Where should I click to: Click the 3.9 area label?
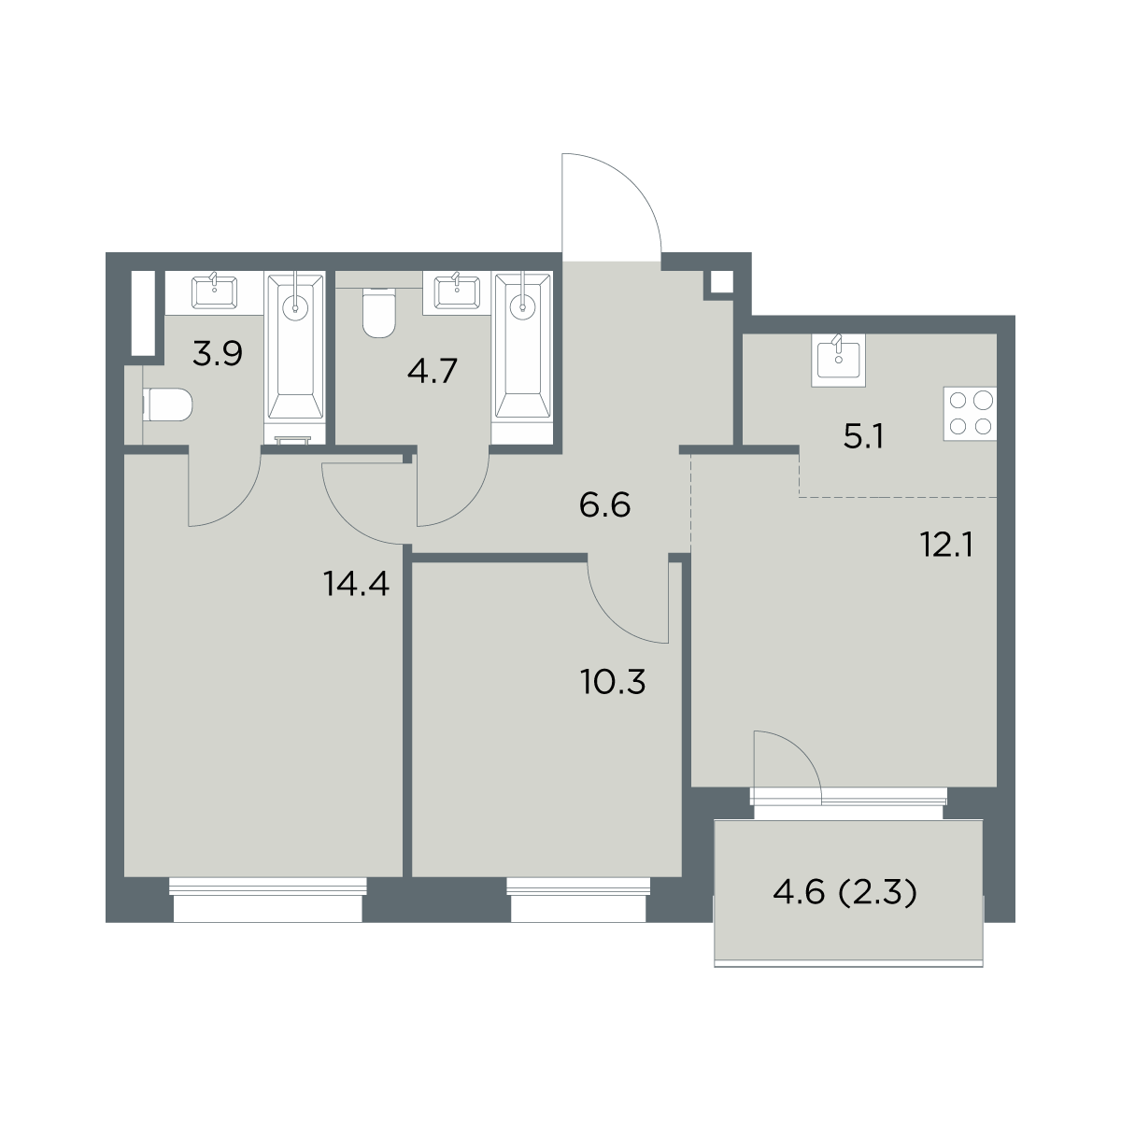217,354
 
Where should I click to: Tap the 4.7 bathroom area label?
433,371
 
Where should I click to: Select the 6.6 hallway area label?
605,505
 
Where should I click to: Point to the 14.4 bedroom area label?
356,584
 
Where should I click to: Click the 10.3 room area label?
613,682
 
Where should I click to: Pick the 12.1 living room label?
947,545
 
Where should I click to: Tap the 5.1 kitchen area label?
863,437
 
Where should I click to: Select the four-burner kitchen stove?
970,414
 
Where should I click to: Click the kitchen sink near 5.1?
838,360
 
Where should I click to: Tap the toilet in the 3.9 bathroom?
167,404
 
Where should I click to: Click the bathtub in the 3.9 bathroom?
295,347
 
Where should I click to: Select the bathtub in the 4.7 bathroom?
522,347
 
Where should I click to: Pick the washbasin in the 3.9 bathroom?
214,291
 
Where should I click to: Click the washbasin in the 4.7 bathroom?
458,291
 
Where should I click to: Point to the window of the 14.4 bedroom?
268,900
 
